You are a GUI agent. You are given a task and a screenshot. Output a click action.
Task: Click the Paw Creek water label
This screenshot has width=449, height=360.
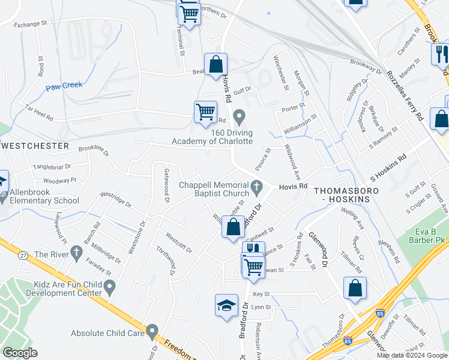[x=64, y=85]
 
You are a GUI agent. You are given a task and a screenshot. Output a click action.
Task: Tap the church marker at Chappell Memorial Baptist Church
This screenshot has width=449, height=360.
[x=257, y=187]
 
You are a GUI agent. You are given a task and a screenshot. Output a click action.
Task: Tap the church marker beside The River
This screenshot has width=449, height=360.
[x=76, y=254]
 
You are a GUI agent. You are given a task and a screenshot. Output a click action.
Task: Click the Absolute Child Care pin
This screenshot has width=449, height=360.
[x=152, y=332]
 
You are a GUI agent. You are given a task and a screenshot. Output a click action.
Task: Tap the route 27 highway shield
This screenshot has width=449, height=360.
[x=23, y=255]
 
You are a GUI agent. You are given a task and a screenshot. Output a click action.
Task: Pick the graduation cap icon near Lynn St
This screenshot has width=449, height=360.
[x=226, y=305]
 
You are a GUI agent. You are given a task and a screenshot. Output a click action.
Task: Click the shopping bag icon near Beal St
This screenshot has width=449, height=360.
[x=215, y=65]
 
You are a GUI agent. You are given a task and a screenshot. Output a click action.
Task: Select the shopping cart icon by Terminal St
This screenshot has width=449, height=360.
[x=190, y=13]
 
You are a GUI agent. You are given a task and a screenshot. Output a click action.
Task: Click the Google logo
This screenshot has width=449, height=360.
[x=20, y=353]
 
